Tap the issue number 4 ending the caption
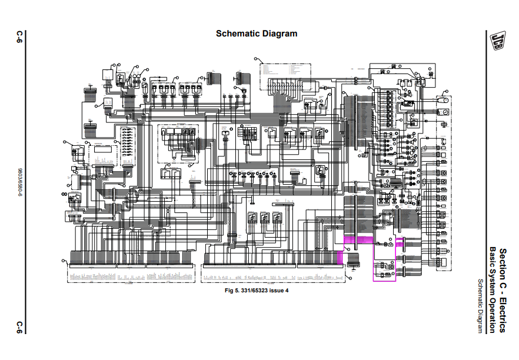(288, 291)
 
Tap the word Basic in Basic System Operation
(493, 256)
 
